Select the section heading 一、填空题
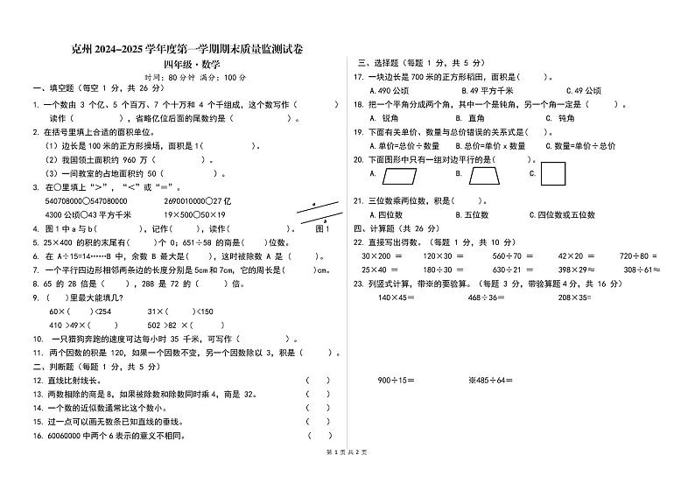tap(53, 89)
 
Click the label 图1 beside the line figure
tap(321, 228)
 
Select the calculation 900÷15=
tap(397, 380)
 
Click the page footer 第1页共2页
tap(347, 475)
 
